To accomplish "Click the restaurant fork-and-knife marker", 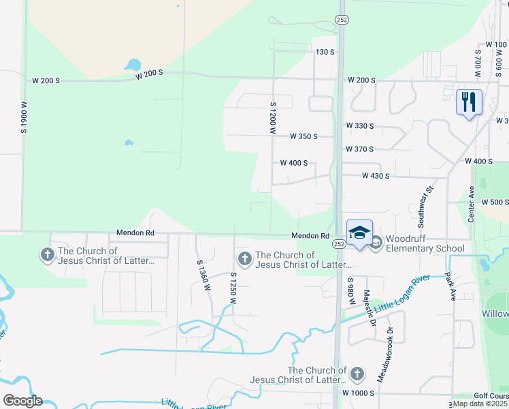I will tap(469, 102).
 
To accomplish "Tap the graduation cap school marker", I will tap(359, 232).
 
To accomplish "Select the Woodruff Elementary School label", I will tap(425, 244).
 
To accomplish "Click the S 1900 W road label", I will tap(24, 117).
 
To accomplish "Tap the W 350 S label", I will tap(303, 136).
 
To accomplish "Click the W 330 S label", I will tap(360, 126).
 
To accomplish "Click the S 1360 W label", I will tap(201, 275).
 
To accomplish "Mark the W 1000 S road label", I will tap(359, 394).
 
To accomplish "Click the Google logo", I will tap(22, 401).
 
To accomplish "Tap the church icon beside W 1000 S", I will tap(357, 374).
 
